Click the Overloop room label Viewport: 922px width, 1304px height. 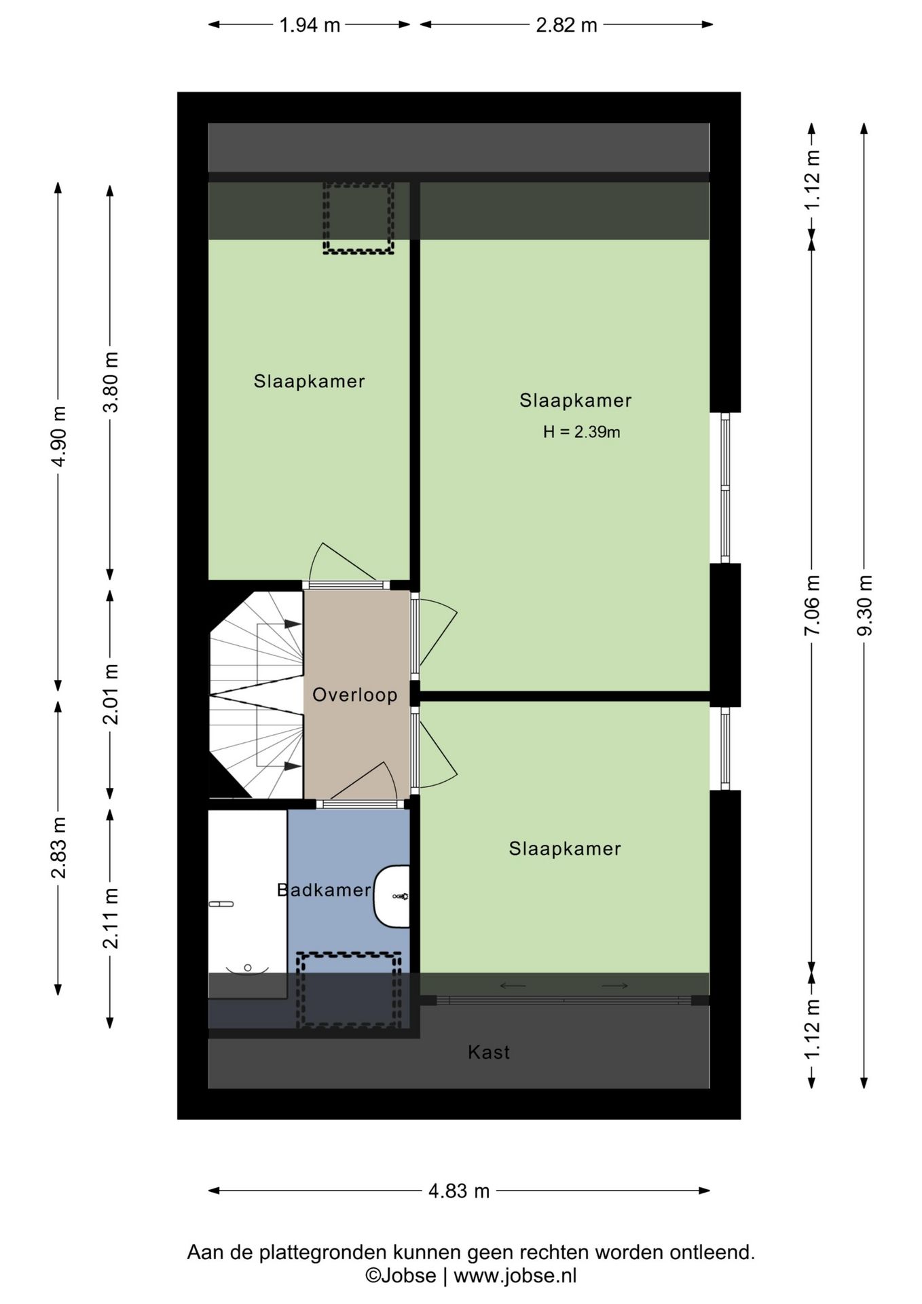[x=354, y=695]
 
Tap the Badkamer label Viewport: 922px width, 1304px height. [x=324, y=890]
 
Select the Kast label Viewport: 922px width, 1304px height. [x=489, y=1052]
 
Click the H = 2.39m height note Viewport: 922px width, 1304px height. [x=582, y=432]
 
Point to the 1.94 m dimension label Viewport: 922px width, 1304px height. [x=310, y=25]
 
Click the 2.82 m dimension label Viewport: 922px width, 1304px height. [x=566, y=25]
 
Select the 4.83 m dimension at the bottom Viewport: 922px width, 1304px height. [x=459, y=1191]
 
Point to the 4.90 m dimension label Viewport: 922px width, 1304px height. [x=58, y=436]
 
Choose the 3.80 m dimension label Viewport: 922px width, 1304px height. [x=110, y=382]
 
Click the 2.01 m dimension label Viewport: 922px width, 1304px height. [x=110, y=694]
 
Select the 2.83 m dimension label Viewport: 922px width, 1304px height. [x=58, y=848]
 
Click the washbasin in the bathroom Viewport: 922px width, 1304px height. [x=392, y=896]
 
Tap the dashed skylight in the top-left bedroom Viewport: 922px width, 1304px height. [x=358, y=217]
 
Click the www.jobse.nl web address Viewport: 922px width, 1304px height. [x=515, y=1275]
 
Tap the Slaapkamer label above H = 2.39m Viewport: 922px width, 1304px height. [x=576, y=401]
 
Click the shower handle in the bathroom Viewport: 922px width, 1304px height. [x=221, y=904]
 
